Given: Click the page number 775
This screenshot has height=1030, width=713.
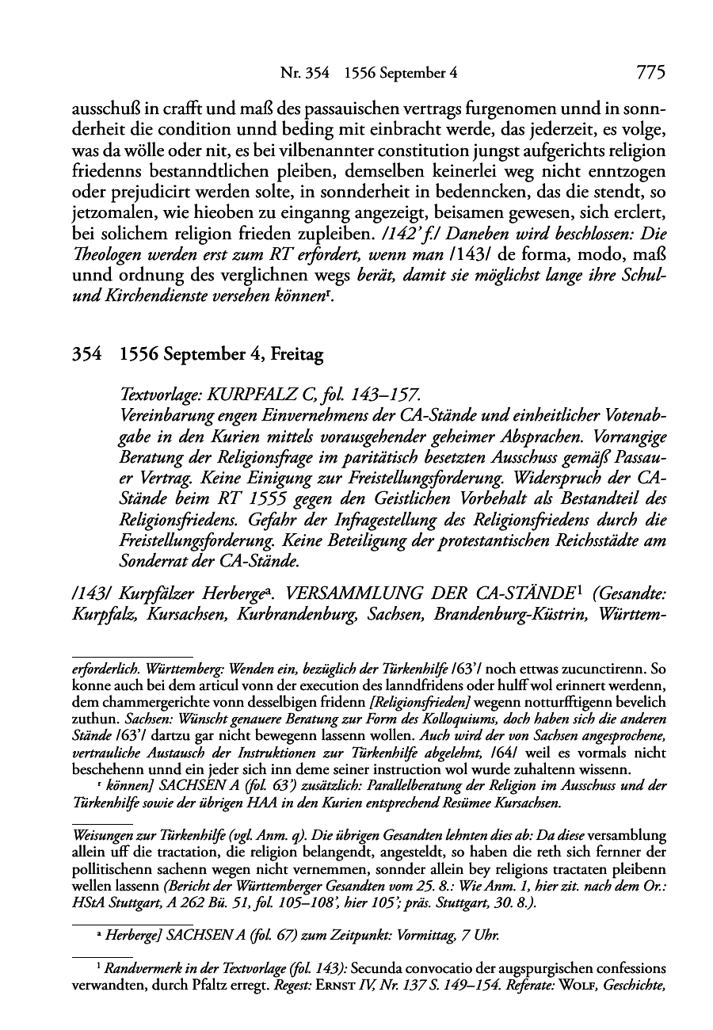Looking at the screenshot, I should tap(650, 74).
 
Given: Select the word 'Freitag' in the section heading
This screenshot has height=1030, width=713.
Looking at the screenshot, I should tap(296, 355).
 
